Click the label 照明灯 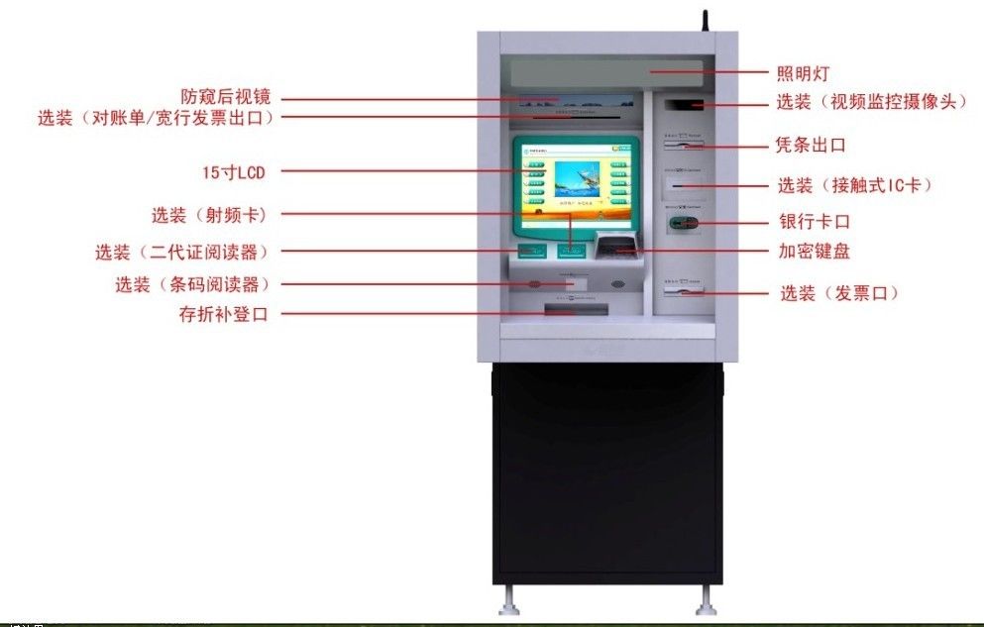point(802,72)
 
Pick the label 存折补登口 point(223,315)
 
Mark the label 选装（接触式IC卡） point(854,185)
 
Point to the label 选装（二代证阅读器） point(181,252)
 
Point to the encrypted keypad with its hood point(614,245)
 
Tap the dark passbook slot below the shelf point(575,312)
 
